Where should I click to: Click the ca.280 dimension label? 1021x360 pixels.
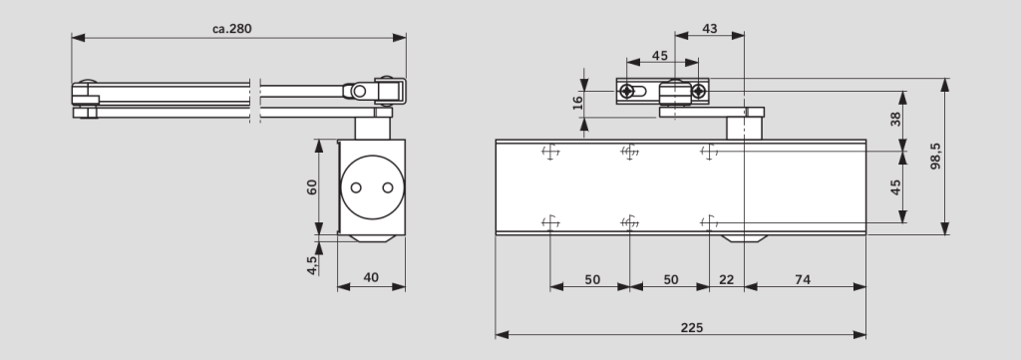[231, 29]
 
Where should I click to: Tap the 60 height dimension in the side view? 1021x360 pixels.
[312, 186]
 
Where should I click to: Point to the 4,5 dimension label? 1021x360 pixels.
[312, 265]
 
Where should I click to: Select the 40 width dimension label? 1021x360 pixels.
[371, 277]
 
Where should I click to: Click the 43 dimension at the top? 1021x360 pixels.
[710, 29]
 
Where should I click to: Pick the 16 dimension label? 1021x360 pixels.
[577, 103]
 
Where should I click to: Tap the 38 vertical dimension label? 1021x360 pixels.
[896, 119]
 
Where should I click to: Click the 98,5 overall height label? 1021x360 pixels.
[935, 157]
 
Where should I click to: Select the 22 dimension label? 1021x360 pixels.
[726, 279]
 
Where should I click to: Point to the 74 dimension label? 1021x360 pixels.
[803, 279]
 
